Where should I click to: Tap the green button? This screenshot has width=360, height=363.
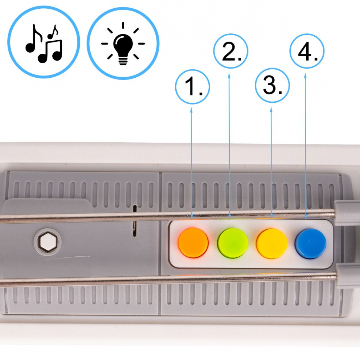pos(233,243)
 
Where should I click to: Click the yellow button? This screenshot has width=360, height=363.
pos(272,243)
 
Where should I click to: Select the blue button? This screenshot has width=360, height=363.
pos(310,244)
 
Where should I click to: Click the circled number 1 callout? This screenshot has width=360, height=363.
pos(192,87)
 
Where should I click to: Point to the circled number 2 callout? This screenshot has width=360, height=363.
pos(230,51)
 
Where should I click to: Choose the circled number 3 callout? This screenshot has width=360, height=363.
pos(272,85)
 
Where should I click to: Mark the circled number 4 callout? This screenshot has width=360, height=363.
pos(307,51)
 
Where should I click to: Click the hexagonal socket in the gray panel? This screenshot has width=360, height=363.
pos(48,242)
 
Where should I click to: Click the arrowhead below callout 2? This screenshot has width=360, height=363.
pos(229,76)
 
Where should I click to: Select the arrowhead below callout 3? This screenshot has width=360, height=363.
pos(271,110)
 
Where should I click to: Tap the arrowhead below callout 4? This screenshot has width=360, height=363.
pos(306,76)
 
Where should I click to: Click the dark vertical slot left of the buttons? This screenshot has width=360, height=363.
pos(135,221)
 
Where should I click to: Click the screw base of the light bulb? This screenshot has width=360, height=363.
pos(123,61)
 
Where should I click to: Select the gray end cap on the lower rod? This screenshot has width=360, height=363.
pos(348,276)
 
